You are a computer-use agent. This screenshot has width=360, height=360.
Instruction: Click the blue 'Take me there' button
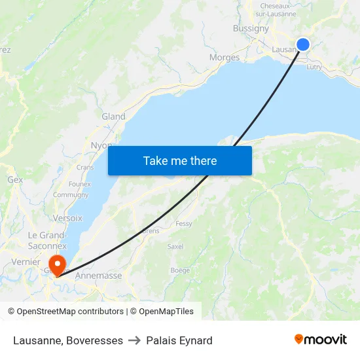[180, 160]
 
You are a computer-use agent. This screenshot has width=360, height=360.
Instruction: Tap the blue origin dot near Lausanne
[303, 45]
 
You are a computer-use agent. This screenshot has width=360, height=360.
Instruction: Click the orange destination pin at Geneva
[58, 266]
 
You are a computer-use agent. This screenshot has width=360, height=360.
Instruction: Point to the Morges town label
[225, 58]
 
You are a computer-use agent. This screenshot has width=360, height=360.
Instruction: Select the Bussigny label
[251, 28]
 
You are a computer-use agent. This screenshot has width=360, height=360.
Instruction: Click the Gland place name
[113, 117]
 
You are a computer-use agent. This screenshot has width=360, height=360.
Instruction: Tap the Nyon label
[101, 145]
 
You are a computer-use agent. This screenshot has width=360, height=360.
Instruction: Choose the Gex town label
[15, 179]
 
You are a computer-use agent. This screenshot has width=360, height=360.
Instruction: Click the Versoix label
[67, 218]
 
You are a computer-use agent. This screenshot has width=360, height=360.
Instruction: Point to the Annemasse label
[99, 276]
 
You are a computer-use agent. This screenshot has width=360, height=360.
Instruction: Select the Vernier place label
[26, 262]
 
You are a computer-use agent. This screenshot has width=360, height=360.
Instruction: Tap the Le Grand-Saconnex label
[47, 240]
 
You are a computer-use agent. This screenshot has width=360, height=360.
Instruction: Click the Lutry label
[314, 67]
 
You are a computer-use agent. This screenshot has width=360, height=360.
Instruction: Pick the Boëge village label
[180, 270]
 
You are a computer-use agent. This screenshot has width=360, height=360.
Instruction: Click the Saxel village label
[175, 247]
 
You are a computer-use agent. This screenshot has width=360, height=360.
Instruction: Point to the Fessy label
[184, 224]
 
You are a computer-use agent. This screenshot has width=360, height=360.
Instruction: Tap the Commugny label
[71, 195]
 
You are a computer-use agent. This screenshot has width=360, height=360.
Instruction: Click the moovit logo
[321, 340]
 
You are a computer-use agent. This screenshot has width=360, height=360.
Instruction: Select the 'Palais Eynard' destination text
[179, 340]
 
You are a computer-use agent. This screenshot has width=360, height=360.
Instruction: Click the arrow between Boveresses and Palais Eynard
[134, 340]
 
